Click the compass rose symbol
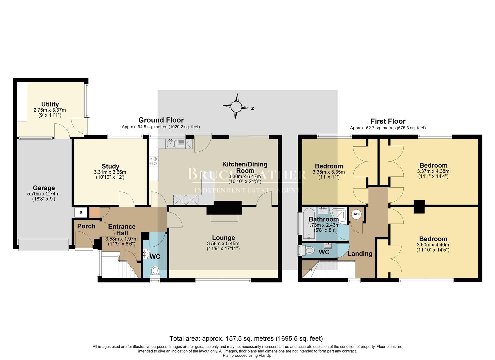236,107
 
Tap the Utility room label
50,104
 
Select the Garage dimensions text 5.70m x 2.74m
44,194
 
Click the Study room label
110,166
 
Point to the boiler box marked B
80,212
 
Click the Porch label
86,226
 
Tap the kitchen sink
172,144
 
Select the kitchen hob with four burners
154,161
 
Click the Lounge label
223,238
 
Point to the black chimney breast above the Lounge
224,208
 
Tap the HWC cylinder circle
356,214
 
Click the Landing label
360,254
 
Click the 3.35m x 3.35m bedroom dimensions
328,172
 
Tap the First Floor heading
388,121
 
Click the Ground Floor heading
161,120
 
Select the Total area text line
246,338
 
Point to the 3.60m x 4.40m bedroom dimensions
433,245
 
